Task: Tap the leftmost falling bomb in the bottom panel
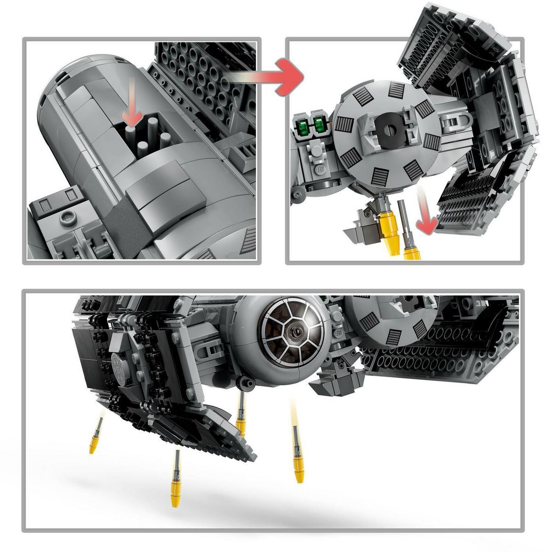[95, 437]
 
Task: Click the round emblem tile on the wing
[119, 361]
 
